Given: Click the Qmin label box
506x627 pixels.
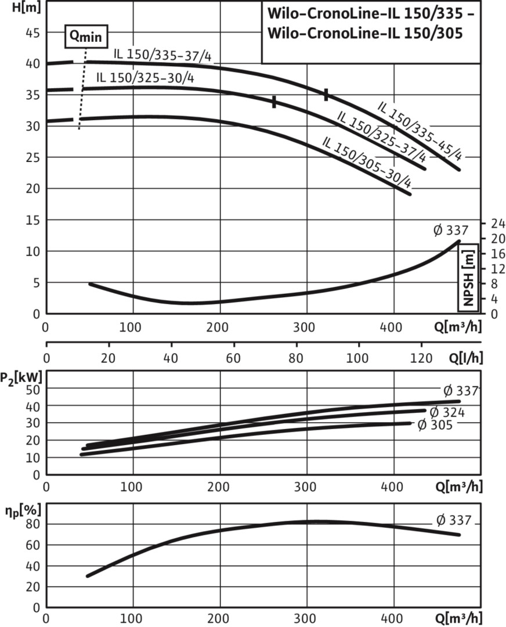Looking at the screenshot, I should coord(85,35).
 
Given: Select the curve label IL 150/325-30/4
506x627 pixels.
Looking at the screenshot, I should coord(145,78).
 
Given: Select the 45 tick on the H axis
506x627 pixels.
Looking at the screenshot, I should coord(32,33).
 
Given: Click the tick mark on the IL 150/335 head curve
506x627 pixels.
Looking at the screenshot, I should coord(326,94).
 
